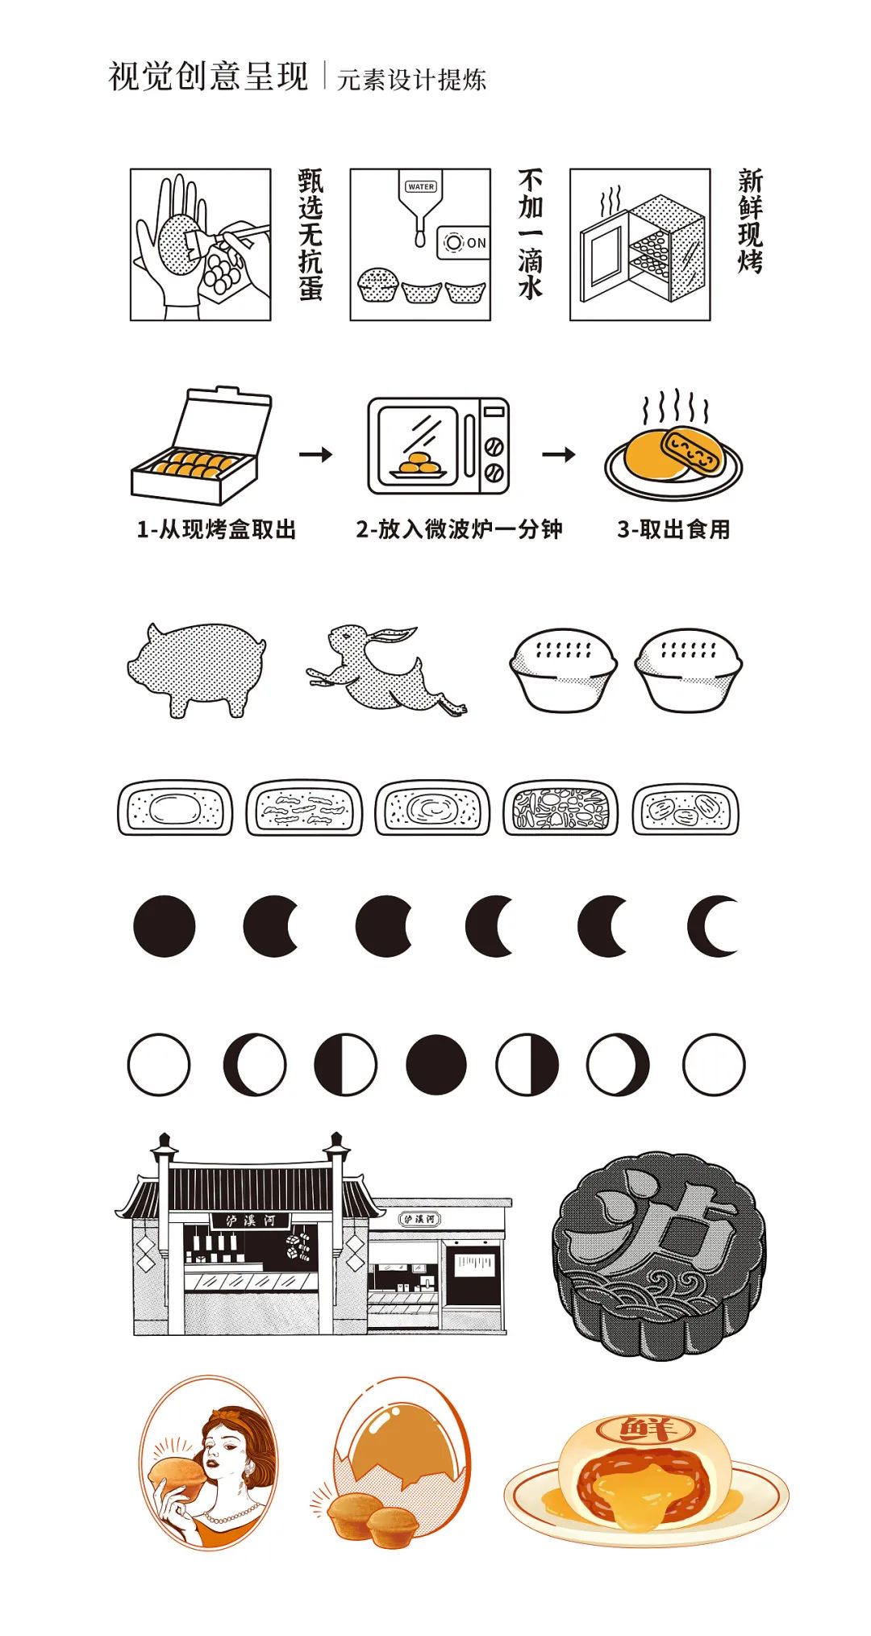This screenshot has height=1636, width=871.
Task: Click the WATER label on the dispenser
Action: click(421, 186)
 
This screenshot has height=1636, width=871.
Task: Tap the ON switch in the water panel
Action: click(465, 242)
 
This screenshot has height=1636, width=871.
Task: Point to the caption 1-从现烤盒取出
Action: click(216, 529)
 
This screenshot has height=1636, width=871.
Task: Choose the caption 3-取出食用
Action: click(673, 529)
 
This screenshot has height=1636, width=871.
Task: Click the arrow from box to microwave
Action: click(315, 455)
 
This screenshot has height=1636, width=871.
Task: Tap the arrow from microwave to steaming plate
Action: click(559, 455)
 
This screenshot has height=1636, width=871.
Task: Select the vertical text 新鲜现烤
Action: click(750, 221)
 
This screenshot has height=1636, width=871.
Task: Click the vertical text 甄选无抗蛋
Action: click(310, 235)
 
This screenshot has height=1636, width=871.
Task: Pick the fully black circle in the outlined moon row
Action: click(436, 1065)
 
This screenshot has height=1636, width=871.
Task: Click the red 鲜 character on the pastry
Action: click(645, 1430)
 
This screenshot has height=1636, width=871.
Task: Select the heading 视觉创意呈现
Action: click(209, 77)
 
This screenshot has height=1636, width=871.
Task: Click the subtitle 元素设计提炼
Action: click(411, 79)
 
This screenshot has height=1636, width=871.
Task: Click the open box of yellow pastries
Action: click(202, 445)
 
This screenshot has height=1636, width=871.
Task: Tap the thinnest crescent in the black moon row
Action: click(713, 925)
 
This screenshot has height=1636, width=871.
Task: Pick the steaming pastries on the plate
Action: click(673, 454)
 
